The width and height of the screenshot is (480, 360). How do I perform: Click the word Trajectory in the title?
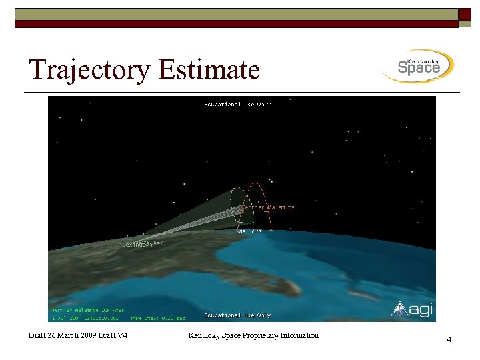pos(89,70)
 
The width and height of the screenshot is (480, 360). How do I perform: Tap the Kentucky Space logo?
pos(418,66)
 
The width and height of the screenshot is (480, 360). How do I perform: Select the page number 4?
pos(449,340)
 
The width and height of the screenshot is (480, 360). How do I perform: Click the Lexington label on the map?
pos(136,245)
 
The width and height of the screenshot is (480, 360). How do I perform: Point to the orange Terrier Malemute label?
pos(267,207)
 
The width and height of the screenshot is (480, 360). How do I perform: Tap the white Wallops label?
pos(250,231)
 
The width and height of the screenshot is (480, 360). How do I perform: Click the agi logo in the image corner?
pos(409,308)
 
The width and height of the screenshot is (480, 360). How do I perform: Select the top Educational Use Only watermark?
pos(237,104)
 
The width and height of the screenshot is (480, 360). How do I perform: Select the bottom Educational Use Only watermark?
pos(237,315)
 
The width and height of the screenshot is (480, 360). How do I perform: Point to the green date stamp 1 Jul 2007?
pos(69,317)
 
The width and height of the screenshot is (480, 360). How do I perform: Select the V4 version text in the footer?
pos(120,335)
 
